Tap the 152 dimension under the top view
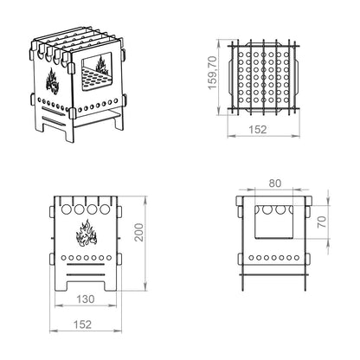point(258,130)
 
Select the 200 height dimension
point(139,232)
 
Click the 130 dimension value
point(86,299)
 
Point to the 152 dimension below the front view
point(82,325)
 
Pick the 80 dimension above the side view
point(274,183)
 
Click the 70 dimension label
point(322,222)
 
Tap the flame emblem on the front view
point(87,233)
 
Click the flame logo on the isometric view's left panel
point(52,81)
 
